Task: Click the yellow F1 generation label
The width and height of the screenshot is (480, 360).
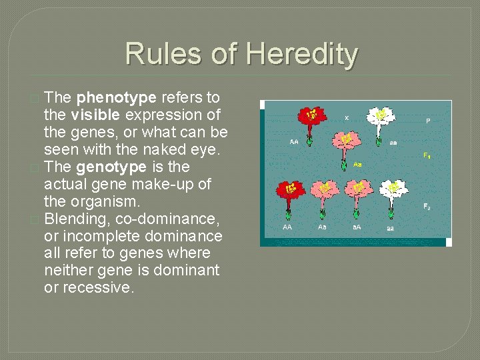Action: click(x=427, y=155)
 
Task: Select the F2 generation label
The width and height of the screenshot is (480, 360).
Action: click(x=427, y=207)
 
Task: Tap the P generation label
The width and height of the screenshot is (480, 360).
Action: click(x=427, y=121)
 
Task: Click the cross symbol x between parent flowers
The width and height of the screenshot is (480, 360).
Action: click(x=346, y=117)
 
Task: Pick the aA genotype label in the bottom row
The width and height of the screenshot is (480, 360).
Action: click(x=357, y=227)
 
